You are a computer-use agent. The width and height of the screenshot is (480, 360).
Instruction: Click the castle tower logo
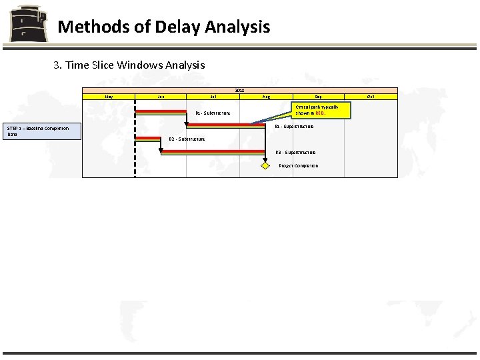coord(27,24)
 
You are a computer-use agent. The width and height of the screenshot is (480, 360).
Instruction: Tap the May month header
coord(109,97)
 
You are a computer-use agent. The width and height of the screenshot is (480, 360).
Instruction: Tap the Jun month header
coord(161,97)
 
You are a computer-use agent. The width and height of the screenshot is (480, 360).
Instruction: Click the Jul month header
coord(213,97)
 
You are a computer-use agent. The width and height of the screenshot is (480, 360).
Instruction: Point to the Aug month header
coord(266,97)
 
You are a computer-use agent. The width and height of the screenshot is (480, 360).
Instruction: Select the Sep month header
coord(318,97)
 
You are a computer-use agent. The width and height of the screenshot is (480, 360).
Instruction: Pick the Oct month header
coord(371,97)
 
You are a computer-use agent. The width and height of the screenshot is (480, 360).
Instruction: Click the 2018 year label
coord(239,90)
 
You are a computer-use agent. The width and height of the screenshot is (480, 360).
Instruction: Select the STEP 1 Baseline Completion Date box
coord(43,131)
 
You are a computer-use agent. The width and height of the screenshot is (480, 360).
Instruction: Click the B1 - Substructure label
coord(213,113)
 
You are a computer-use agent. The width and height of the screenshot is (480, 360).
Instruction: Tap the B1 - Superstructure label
coord(294,126)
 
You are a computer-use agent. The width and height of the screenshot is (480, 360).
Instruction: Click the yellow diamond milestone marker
coord(265,165)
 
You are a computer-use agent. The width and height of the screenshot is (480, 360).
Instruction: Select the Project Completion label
coord(298,166)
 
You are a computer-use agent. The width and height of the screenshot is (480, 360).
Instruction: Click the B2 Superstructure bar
coord(213,152)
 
